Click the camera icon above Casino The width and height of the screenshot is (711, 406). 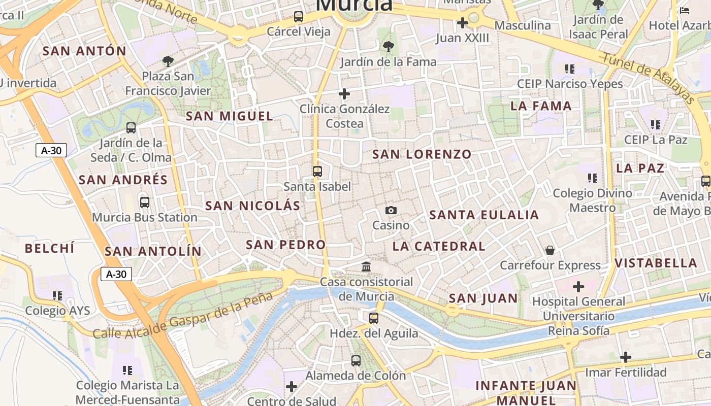point(391,211)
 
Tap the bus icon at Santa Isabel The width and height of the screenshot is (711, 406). point(317,172)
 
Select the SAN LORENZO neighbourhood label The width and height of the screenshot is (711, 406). point(422,154)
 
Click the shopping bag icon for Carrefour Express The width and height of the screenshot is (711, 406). point(550,250)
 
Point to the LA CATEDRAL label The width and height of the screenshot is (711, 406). point(439,247)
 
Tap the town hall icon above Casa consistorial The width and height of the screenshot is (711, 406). point(366,266)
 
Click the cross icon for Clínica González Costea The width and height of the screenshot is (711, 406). point(344,94)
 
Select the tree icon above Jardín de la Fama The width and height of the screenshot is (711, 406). point(389,47)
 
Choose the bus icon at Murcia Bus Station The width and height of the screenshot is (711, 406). point(145,202)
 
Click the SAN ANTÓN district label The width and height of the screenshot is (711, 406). point(84,51)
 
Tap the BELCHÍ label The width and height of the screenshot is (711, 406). point(50,248)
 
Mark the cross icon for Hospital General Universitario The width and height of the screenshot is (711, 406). point(578,287)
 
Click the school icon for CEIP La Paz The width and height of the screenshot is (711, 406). point(655,124)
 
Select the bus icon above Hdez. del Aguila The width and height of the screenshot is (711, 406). point(374,318)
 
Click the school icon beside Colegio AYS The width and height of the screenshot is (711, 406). point(57,295)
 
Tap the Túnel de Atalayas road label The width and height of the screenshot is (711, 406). point(648,78)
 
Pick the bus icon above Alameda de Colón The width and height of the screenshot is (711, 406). point(356,361)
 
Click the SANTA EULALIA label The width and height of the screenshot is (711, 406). point(484,215)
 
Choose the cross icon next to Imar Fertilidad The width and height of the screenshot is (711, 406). point(626,357)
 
